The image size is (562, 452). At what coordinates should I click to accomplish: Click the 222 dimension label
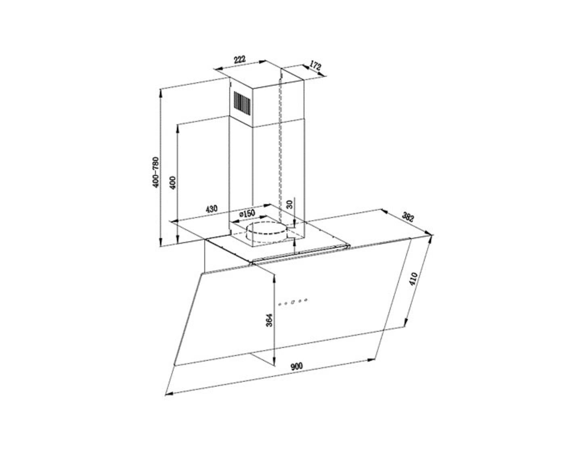[239, 59]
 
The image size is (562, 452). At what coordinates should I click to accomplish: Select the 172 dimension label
[315, 65]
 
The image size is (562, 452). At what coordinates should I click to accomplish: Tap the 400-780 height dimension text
[155, 172]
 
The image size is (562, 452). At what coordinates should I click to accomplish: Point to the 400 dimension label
[173, 182]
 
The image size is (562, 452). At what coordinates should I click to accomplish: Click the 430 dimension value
[211, 209]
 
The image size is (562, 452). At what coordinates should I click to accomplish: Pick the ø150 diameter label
[247, 214]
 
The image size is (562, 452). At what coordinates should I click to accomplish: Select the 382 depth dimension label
[408, 217]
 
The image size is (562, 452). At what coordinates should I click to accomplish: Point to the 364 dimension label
[269, 320]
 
